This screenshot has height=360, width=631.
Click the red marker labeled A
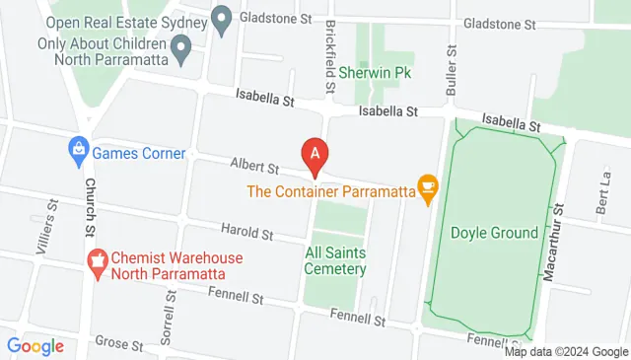(315, 154)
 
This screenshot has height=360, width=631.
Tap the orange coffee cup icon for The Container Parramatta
(427, 185)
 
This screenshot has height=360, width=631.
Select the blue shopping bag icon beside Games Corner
(77, 153)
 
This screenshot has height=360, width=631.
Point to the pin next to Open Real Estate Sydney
(221, 18)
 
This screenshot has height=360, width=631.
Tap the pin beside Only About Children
(180, 45)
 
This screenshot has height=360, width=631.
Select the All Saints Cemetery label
(336, 260)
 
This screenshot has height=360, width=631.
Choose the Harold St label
(248, 233)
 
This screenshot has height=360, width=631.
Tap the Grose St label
(119, 343)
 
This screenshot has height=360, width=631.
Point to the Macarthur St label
(555, 241)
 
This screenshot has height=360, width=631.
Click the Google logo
(35, 345)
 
